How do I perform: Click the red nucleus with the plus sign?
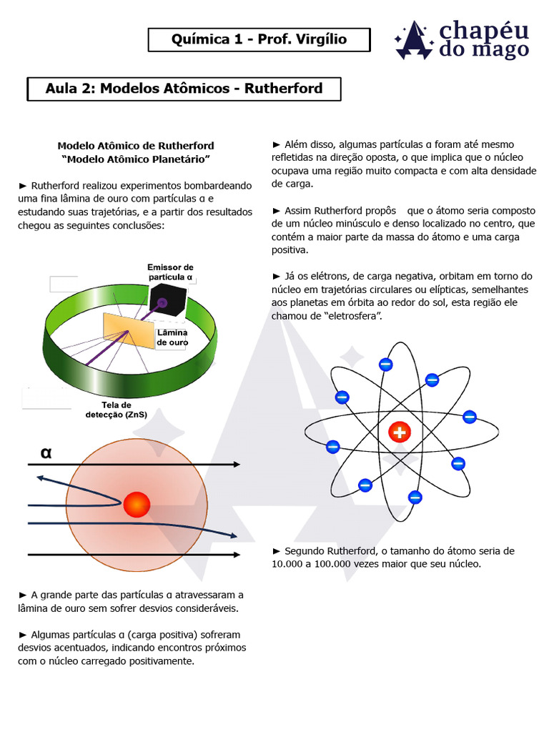coord(399,432)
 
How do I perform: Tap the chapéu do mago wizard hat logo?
coord(414,41)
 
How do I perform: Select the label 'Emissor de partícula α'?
coord(170,272)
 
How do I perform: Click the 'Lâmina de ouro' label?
coord(172,337)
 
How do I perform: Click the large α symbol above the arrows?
coord(46,452)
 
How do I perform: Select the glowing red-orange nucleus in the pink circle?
coord(136,505)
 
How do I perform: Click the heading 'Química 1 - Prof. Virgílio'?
coord(259,39)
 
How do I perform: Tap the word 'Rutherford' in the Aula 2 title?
coord(283,89)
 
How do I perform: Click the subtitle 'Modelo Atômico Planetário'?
coord(136,158)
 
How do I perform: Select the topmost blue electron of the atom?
coord(385,364)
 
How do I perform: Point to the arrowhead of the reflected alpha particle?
coord(41,479)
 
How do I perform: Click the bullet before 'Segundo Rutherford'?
coord(277,551)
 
